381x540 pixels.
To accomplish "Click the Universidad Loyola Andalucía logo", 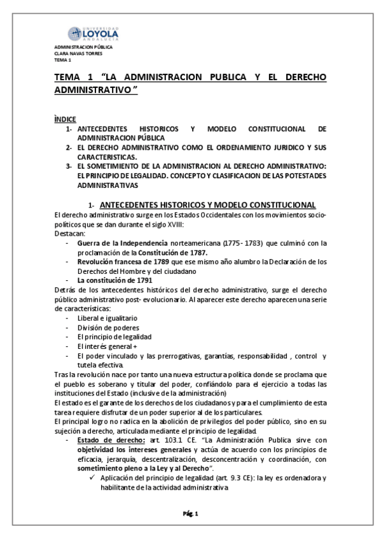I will click(x=95, y=32).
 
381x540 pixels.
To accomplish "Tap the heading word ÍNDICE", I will click(x=66, y=119).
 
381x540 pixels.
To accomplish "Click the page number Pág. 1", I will click(x=191, y=514).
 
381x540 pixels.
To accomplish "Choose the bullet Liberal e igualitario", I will click(x=107, y=317).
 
